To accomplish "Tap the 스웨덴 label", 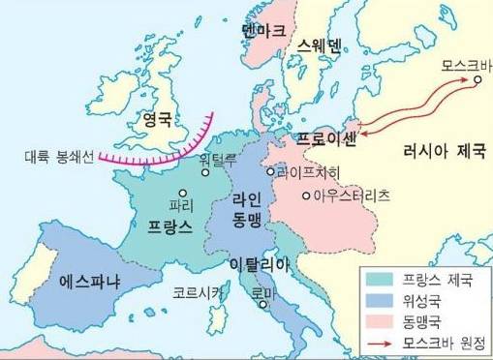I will pyautogui.click(x=321, y=45).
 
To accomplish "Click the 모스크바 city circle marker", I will pyautogui.click(x=477, y=81).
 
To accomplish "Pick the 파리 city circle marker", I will pyautogui.click(x=182, y=193).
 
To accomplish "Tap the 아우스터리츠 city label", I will pyautogui.click(x=351, y=195).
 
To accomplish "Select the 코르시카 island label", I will pyautogui.click(x=199, y=289).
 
